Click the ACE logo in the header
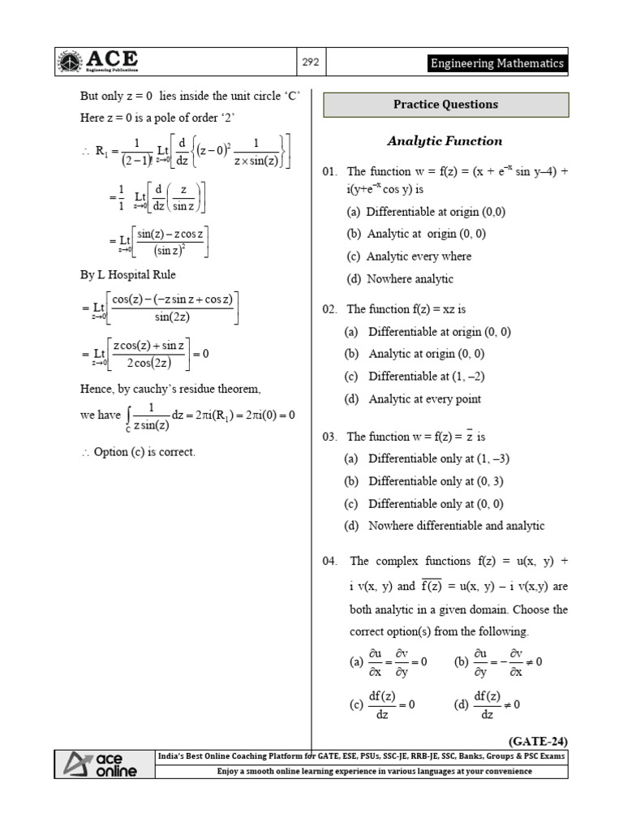pos(97,62)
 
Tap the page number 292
pos(311,62)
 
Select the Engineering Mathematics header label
pos(497,63)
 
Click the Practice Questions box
pos(445,105)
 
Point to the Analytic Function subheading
pos(445,141)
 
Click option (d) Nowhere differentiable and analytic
pos(444,526)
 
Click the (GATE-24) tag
pos(538,741)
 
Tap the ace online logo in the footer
pos(101,764)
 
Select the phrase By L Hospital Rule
pos(128,275)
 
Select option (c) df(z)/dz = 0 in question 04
pos(382,704)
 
